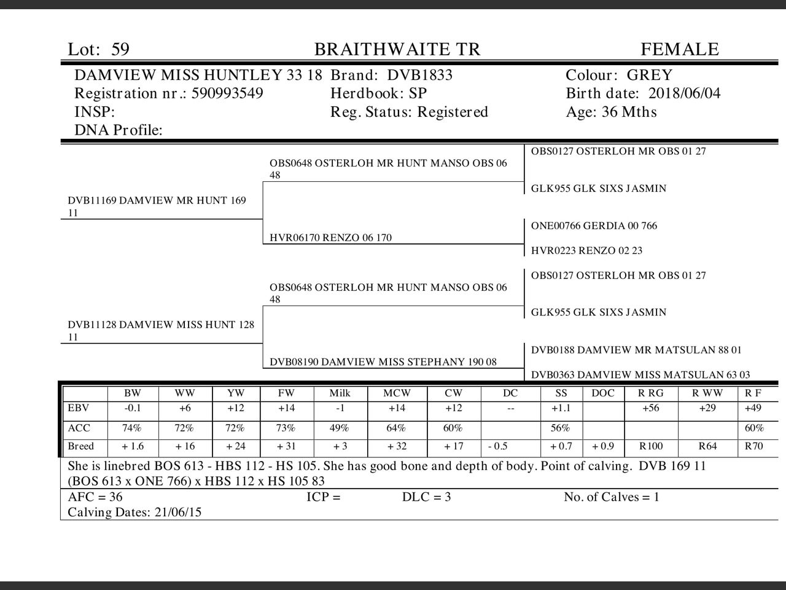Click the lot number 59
(x=120, y=49)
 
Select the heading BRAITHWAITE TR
(x=397, y=49)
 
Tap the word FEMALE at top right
(x=679, y=49)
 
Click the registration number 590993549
(x=227, y=93)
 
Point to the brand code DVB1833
(x=419, y=75)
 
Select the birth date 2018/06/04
(x=684, y=93)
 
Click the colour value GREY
(x=649, y=75)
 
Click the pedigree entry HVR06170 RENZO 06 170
(x=330, y=238)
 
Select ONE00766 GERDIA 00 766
(x=594, y=226)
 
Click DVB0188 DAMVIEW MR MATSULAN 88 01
(x=636, y=350)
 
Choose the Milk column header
(x=340, y=393)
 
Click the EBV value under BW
(x=132, y=408)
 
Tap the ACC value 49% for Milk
(x=339, y=428)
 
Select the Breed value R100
(x=651, y=446)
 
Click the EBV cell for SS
(x=560, y=408)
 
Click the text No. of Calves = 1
(x=612, y=497)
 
